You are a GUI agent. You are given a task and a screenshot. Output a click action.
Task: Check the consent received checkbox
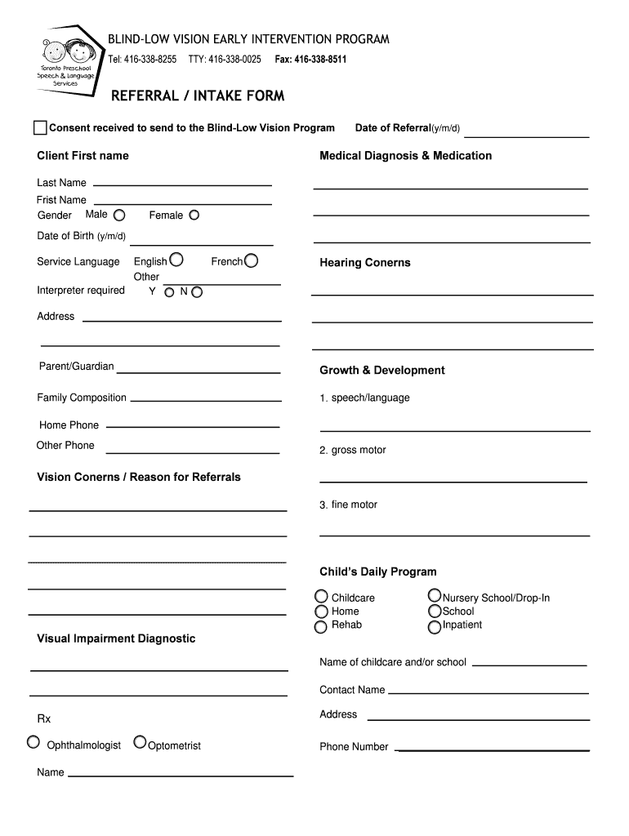[40, 127]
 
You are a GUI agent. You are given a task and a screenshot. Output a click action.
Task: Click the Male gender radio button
[119, 216]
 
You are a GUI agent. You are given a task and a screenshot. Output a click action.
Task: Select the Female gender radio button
[194, 216]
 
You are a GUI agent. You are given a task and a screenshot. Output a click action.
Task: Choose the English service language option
[176, 260]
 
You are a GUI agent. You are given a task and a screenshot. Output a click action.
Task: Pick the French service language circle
[252, 260]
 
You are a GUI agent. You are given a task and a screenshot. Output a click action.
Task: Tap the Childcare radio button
[322, 597]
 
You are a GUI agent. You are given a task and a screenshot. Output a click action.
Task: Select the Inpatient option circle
[435, 626]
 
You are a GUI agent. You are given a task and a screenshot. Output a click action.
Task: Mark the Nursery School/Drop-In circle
[435, 597]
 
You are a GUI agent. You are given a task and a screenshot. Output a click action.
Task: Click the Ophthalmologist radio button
[33, 742]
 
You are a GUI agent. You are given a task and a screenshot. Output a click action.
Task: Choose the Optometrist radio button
[141, 742]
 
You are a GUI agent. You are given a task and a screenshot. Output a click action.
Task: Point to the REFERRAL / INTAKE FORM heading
[198, 96]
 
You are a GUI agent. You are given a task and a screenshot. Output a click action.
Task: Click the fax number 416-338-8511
[319, 60]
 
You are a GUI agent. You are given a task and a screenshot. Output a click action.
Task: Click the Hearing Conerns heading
[364, 263]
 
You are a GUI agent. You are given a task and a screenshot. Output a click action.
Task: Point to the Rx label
[44, 719]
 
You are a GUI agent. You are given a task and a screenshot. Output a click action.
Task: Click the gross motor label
[353, 451]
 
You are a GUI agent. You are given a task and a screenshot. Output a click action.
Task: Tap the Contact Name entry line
[488, 692]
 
